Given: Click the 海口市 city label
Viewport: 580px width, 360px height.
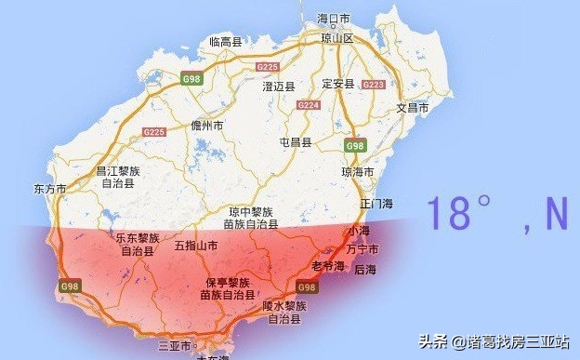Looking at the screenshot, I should [333, 18].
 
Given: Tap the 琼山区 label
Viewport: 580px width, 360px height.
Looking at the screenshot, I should [336, 38].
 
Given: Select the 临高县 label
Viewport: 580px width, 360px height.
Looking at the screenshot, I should [225, 42].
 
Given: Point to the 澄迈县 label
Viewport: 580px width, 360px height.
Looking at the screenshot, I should [279, 87].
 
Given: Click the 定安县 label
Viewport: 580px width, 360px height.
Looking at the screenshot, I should [337, 84].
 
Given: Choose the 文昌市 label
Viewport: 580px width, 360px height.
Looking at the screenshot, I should [413, 108].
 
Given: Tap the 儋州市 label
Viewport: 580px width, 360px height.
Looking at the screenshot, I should [206, 125].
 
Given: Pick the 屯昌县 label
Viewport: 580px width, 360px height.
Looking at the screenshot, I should [297, 142].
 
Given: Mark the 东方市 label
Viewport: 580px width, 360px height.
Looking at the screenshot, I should [48, 188].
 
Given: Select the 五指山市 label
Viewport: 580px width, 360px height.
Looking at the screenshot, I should [196, 247].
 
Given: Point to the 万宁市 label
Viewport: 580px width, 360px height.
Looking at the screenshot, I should [362, 249].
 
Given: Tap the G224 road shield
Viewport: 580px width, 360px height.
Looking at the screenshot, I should [309, 105].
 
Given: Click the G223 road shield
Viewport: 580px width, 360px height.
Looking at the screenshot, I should [373, 85].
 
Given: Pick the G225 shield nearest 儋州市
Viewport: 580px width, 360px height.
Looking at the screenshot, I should [154, 132].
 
